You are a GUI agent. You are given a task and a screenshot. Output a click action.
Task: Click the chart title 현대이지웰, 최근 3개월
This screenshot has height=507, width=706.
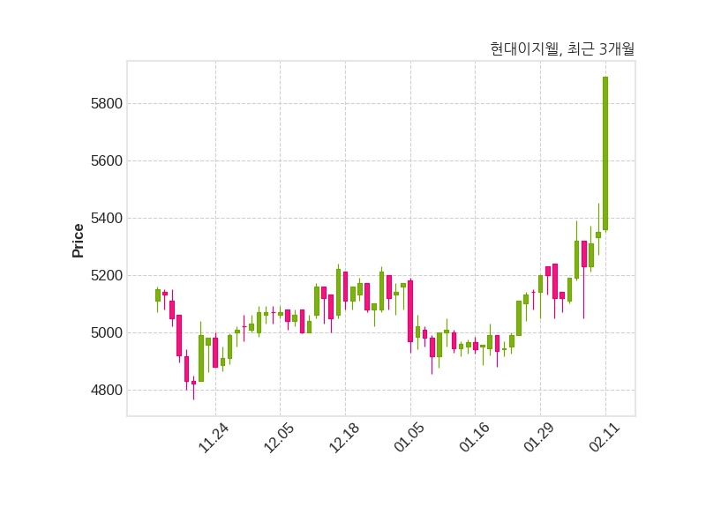[x=562, y=49]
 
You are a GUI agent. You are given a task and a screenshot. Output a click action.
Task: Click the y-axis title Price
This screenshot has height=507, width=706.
[x=79, y=241]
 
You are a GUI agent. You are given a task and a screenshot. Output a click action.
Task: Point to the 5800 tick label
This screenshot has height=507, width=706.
[x=106, y=104]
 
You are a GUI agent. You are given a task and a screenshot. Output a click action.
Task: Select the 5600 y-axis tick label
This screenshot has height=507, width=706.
[x=106, y=161]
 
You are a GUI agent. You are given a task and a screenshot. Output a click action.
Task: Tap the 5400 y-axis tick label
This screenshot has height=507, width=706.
[x=106, y=219]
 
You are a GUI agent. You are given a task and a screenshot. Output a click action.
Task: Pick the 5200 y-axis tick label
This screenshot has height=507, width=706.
[x=106, y=276]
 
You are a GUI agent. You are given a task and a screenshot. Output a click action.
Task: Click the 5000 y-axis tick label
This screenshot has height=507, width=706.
[x=106, y=333]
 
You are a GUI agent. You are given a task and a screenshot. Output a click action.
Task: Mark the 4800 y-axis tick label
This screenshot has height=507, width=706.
[x=106, y=391]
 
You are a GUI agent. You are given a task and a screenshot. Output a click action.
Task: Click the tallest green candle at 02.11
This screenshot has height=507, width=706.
[x=605, y=154]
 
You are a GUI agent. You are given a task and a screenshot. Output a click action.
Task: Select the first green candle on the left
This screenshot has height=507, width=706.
[x=158, y=295]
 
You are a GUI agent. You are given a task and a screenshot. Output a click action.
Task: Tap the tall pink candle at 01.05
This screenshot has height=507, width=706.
[x=410, y=310]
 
